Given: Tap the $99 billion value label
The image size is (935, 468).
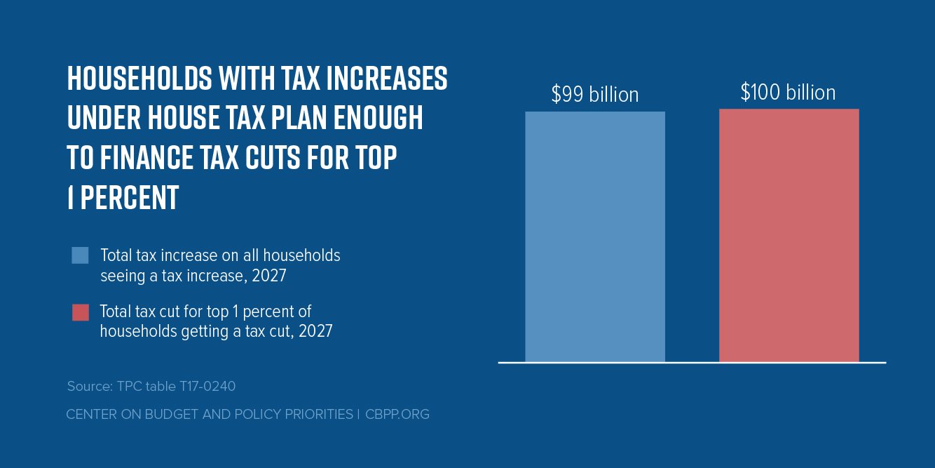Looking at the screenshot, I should click(595, 94).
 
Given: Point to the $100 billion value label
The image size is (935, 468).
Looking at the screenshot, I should click(788, 93).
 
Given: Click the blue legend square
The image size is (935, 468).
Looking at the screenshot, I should click(80, 255).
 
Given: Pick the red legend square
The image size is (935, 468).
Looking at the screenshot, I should click(80, 312).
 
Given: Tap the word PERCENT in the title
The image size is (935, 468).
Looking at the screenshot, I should click(130, 199).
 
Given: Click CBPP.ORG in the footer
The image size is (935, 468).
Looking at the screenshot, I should click(397, 415).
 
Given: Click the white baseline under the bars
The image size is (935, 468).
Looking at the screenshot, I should click(692, 363).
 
